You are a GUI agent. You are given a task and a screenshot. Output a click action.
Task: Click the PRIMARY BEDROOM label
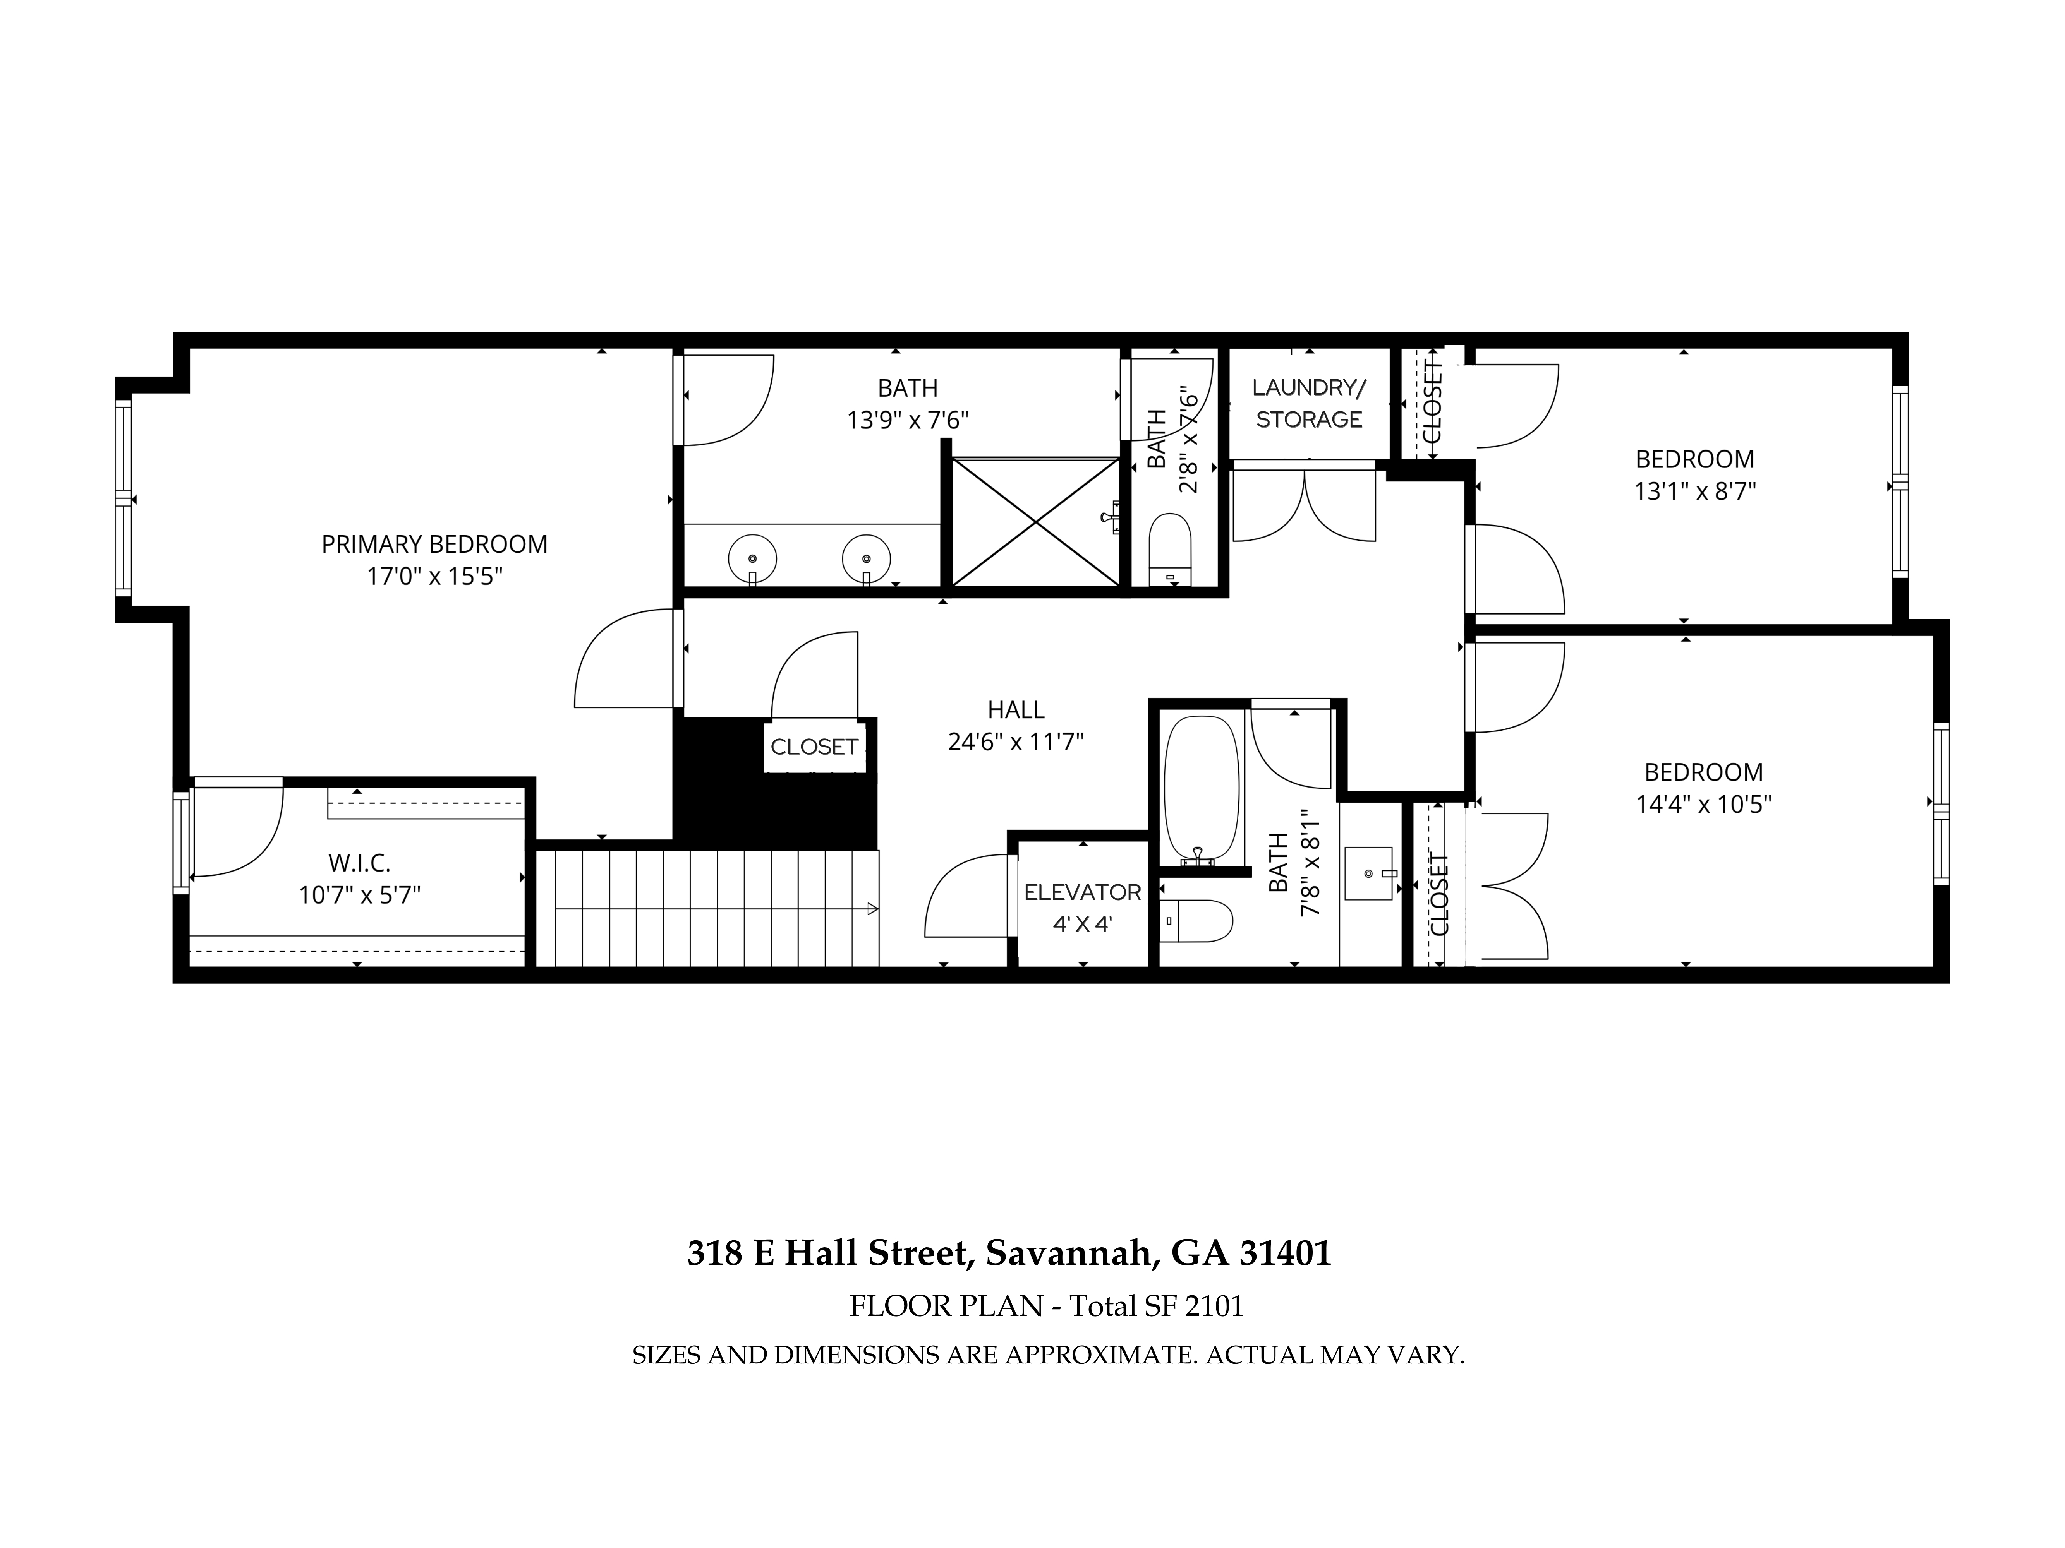coord(434,544)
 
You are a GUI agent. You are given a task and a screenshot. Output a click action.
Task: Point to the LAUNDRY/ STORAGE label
coord(1309,403)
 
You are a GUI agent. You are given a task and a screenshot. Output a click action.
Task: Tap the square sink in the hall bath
coord(1368,873)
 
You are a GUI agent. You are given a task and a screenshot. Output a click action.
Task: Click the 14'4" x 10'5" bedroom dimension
coord(1704,804)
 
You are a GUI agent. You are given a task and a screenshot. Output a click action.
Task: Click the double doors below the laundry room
coord(1304,504)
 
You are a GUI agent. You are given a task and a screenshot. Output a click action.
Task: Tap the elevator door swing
coord(966,896)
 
